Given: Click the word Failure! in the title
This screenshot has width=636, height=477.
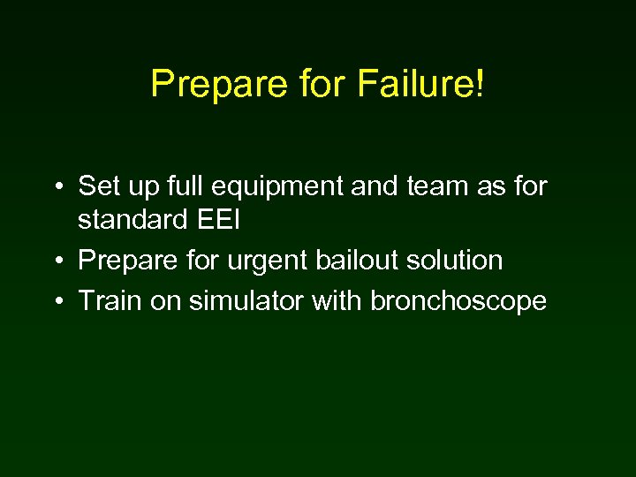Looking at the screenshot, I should pyautogui.click(x=420, y=84).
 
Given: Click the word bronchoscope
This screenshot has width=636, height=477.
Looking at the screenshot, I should pyautogui.click(x=458, y=302).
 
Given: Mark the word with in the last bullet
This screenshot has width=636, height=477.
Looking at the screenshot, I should pyautogui.click(x=337, y=300).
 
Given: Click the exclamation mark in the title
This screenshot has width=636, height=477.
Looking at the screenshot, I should pyautogui.click(x=480, y=84).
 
